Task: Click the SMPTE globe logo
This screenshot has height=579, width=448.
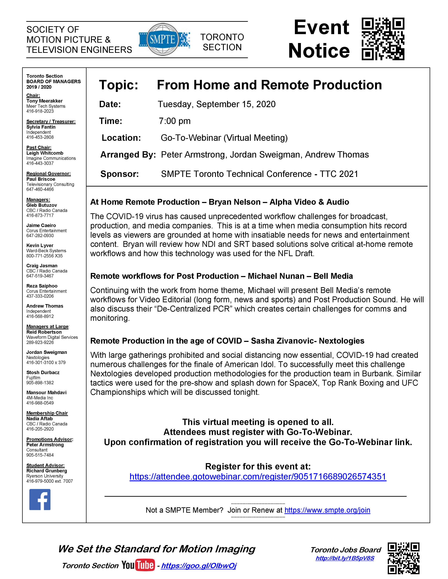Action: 163,39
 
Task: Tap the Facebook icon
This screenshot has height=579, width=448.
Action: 40,499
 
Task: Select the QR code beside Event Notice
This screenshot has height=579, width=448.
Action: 383,39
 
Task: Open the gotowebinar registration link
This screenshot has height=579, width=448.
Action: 258,476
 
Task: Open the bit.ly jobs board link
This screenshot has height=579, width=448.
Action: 345,558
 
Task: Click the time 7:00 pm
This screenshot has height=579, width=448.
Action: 175,121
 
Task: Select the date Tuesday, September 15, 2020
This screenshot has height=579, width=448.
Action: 217,104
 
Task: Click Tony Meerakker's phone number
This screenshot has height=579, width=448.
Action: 40,111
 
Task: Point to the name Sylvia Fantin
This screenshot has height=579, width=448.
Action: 41,127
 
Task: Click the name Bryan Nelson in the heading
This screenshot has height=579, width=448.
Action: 235,202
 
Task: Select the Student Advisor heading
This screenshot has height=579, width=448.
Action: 45,465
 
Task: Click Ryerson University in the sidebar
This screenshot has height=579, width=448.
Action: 45,476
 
